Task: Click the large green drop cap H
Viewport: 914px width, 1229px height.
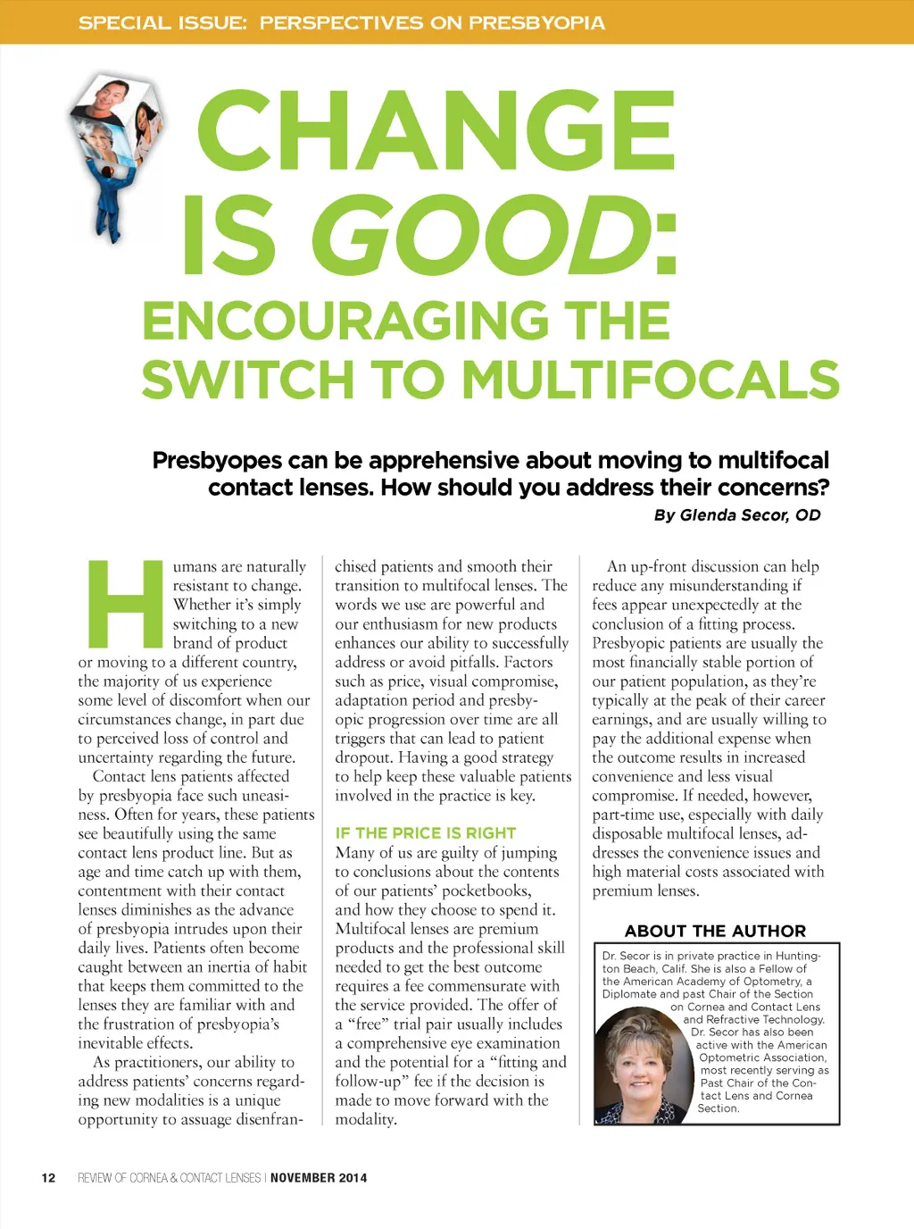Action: point(125,604)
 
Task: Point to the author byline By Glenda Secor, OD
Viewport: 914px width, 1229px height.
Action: point(736,515)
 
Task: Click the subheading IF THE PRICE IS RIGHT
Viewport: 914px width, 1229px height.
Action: point(425,832)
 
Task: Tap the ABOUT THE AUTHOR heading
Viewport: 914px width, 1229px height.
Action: point(715,931)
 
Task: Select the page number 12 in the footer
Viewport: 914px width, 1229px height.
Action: point(48,1178)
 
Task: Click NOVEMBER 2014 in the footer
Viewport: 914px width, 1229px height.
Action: point(319,1178)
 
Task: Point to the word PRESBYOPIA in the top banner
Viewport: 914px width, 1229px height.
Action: point(536,22)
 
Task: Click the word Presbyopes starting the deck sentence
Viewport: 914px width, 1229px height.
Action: point(217,461)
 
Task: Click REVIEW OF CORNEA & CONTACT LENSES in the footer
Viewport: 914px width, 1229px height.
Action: point(169,1178)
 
